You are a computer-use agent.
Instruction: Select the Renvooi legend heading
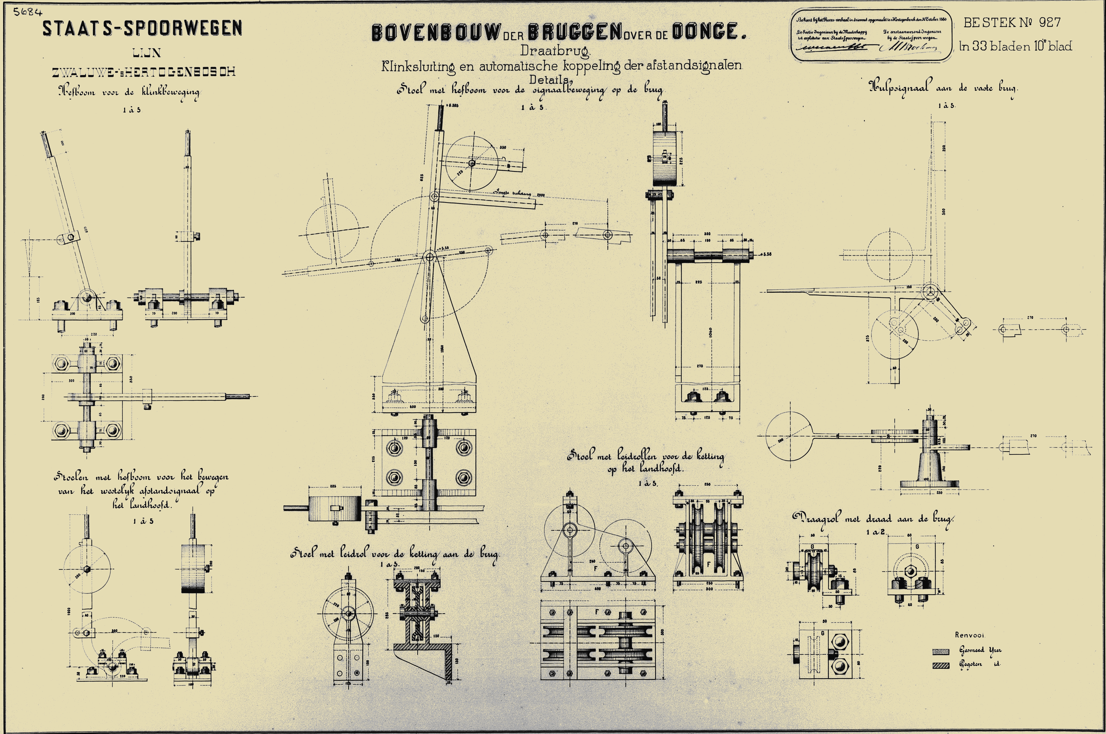tap(970, 635)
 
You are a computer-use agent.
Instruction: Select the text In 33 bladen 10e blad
tap(1015, 46)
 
